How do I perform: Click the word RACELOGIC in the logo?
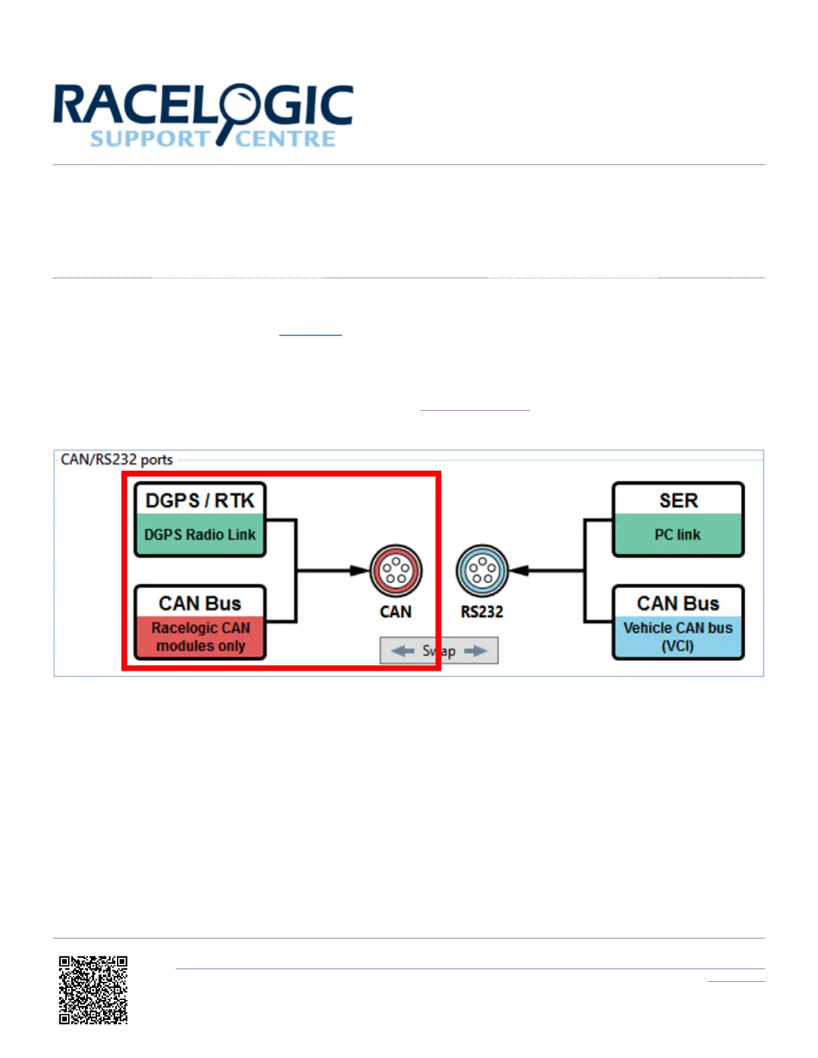(202, 106)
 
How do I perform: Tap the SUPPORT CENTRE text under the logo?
(213, 139)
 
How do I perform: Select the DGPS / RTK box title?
(200, 500)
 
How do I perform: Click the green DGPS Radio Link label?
(200, 535)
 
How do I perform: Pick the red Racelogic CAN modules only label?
(200, 637)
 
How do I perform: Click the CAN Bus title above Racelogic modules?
(200, 603)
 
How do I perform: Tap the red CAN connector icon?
(396, 570)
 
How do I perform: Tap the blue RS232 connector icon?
(482, 570)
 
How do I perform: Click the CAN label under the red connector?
(396, 612)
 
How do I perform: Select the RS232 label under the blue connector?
(482, 612)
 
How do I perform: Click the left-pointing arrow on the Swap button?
(402, 651)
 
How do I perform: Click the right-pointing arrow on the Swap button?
(475, 651)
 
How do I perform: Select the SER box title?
(678, 500)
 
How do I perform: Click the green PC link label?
(678, 535)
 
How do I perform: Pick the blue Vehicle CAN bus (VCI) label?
(678, 637)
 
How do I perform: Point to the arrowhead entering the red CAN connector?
(360, 570)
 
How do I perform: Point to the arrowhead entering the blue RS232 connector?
(519, 570)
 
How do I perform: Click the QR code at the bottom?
(93, 990)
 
